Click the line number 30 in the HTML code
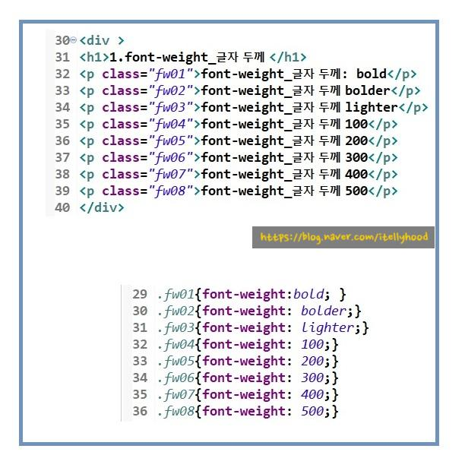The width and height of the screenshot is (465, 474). point(62,40)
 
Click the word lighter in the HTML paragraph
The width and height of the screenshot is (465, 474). point(370,107)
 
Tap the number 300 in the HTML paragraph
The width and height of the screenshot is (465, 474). point(356,157)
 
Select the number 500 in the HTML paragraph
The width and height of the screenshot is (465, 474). point(356,191)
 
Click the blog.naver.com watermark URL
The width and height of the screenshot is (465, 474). point(343,237)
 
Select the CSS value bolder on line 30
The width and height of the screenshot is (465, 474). point(324,311)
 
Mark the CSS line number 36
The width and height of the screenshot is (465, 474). point(140,411)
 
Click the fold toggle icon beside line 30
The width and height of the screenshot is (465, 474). point(74,39)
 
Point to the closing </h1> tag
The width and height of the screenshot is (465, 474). point(288,57)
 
